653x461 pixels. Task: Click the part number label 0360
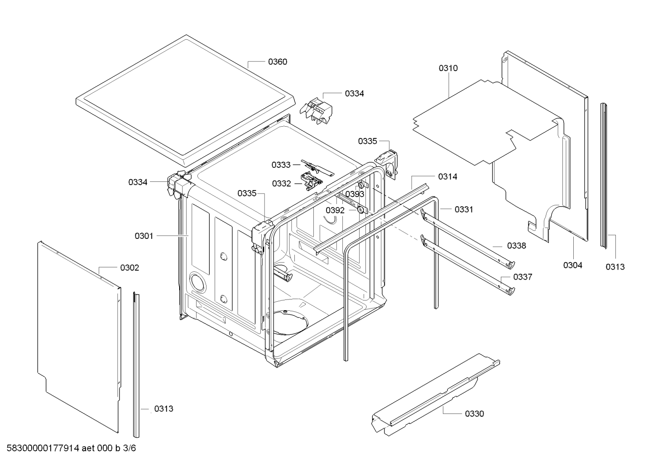point(277,62)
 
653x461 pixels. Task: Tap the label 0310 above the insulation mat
point(448,68)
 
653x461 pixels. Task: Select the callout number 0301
point(144,236)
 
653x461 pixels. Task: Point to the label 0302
point(130,268)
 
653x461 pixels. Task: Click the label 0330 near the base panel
point(474,413)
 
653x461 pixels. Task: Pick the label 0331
point(464,209)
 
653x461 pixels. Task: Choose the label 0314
point(447,177)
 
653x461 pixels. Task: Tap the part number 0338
point(516,246)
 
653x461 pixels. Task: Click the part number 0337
point(523,277)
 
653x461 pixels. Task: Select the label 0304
point(572,265)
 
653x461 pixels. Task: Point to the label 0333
point(281,165)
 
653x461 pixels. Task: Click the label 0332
point(281,183)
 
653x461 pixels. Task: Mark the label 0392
point(335,210)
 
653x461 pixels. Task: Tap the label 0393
point(355,194)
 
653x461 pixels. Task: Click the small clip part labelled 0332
point(312,181)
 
